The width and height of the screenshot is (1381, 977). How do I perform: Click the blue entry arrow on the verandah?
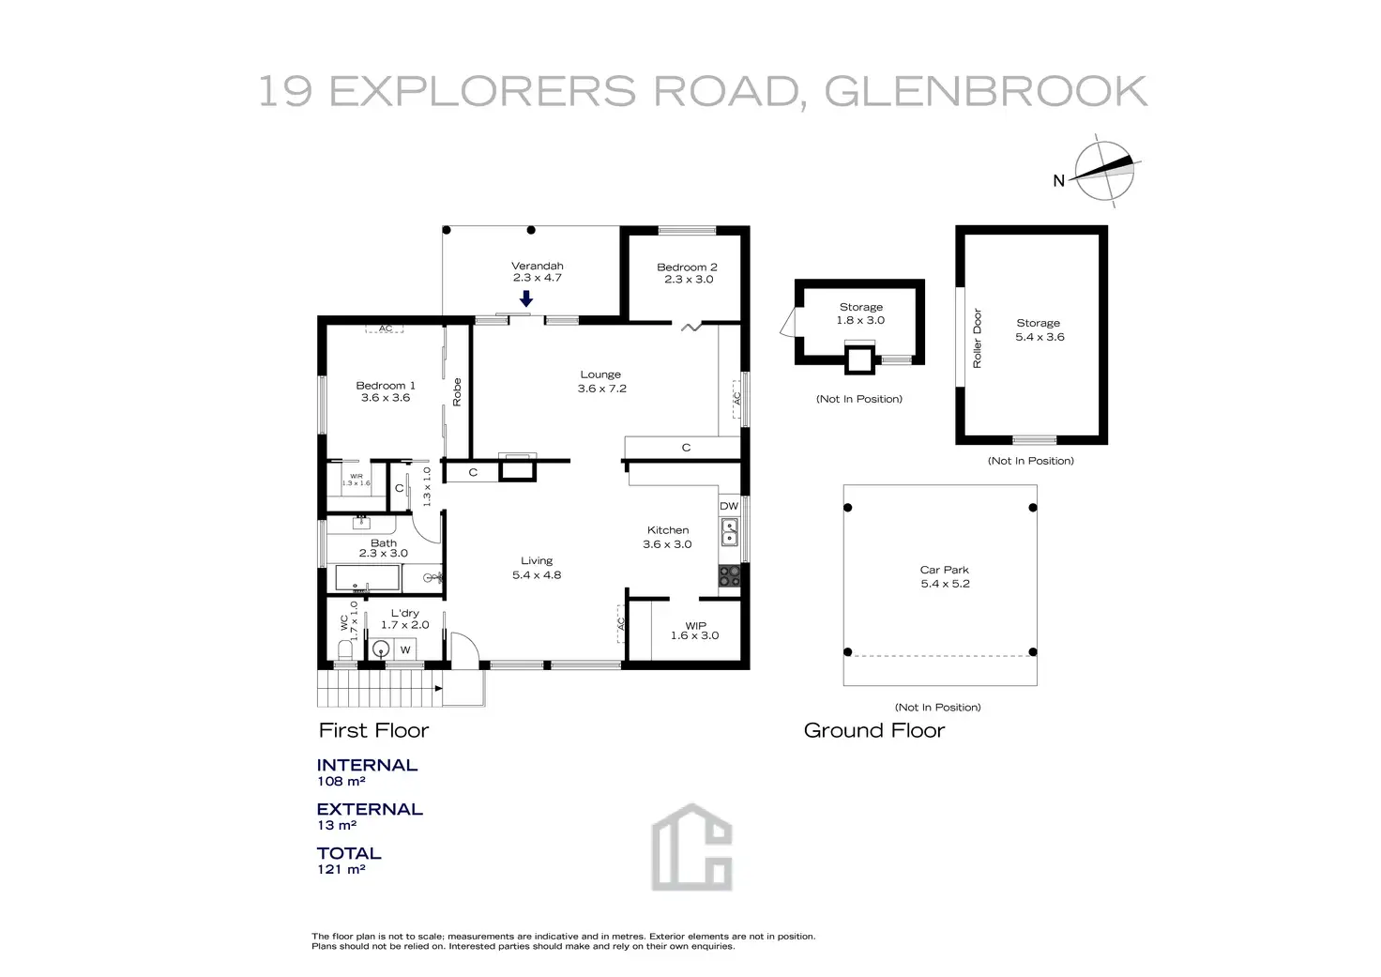(x=526, y=298)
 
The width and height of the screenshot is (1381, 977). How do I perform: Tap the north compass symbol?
(x=1104, y=171)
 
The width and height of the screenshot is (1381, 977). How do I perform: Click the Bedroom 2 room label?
(x=688, y=272)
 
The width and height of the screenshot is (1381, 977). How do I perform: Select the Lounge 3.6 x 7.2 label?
(x=601, y=381)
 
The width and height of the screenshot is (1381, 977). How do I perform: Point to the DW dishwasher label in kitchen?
(x=729, y=506)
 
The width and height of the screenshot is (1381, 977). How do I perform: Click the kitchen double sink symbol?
(x=729, y=532)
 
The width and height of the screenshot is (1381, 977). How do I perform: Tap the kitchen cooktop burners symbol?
(x=729, y=576)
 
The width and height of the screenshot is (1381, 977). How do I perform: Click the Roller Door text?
(x=977, y=338)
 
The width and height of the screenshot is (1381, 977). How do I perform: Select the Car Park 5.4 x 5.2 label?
(x=945, y=576)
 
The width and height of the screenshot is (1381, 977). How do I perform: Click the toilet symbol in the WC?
(x=344, y=649)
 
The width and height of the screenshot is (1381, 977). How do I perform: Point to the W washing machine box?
(x=405, y=649)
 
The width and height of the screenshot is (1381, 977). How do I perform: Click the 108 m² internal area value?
(x=341, y=781)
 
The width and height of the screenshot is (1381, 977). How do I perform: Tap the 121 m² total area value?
(x=341, y=869)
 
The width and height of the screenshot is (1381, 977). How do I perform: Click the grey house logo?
(x=691, y=847)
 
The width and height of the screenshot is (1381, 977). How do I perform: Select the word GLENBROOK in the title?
(x=986, y=91)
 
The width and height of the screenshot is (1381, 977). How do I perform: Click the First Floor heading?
(x=373, y=730)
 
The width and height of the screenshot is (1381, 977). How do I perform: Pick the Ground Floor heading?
(x=874, y=730)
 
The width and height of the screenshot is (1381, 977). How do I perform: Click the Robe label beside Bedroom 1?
(x=457, y=391)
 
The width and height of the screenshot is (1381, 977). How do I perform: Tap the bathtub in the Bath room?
(x=367, y=578)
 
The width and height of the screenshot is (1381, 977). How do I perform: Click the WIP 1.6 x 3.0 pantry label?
(x=695, y=631)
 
